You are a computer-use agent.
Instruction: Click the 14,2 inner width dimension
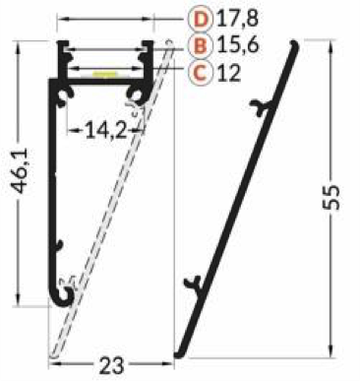[x=103, y=127]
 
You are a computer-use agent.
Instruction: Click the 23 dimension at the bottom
[x=111, y=365]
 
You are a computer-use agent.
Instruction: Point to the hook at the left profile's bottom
[x=66, y=292]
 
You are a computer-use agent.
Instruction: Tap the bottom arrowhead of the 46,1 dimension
[x=22, y=303]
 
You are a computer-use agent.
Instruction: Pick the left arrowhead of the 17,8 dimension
[x=60, y=19]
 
